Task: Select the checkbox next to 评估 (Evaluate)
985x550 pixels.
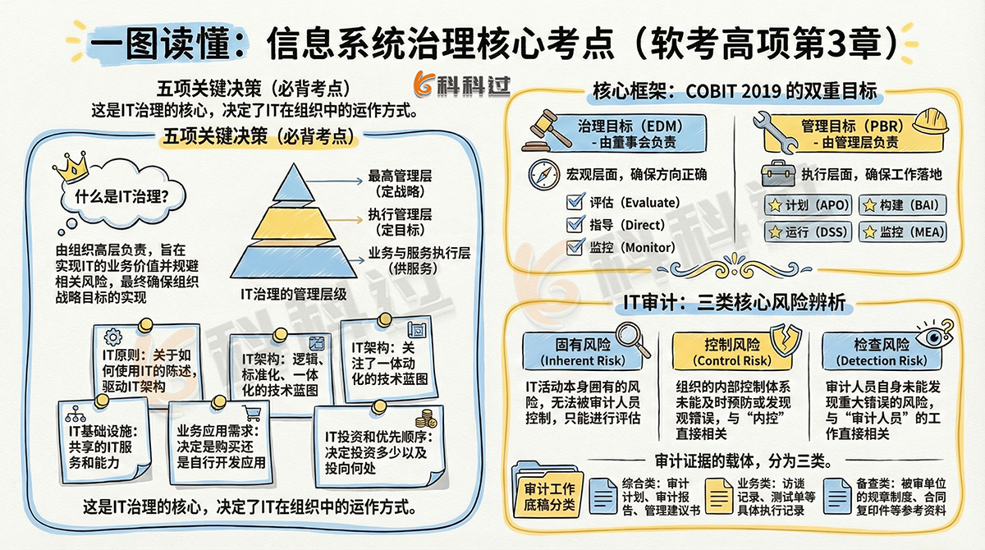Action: [x=575, y=202]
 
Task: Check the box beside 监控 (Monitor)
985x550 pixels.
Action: [x=575, y=246]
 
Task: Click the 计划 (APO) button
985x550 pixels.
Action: [x=808, y=205]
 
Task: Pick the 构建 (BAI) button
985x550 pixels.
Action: [x=902, y=205]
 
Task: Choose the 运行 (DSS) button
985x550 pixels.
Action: [x=808, y=232]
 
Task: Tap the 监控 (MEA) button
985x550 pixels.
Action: [x=903, y=232]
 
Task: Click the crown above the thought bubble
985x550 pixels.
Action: [x=72, y=166]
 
